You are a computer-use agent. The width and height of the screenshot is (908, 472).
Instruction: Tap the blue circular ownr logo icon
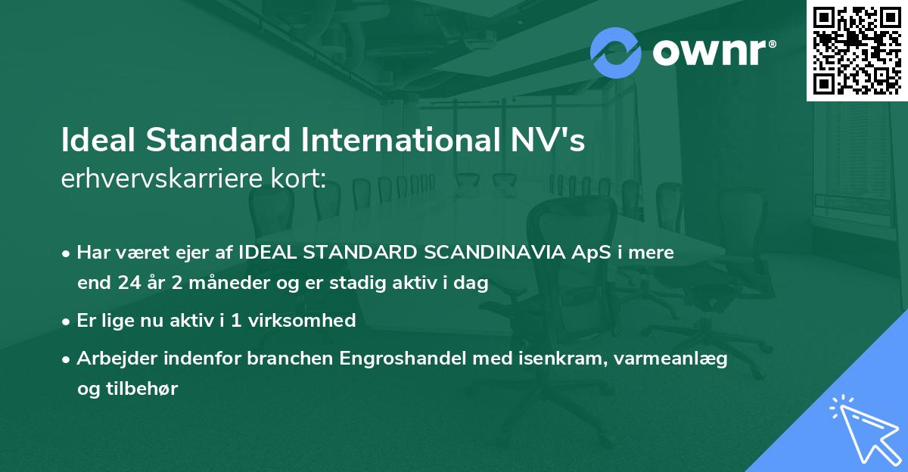pyautogui.click(x=615, y=53)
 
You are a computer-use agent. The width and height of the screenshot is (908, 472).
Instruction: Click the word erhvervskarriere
pyautogui.click(x=158, y=179)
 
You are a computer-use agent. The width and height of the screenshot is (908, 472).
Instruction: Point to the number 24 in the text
pyautogui.click(x=127, y=284)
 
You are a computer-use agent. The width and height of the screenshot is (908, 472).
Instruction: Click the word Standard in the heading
pyautogui.click(x=220, y=141)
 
